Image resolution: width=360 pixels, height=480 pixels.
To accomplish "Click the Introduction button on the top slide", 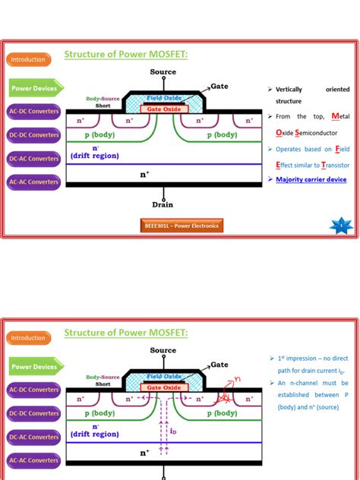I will pos(28,59).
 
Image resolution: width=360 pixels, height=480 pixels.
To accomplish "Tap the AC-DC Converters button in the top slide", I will pos(33,112).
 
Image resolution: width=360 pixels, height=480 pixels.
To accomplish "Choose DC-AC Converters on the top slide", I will pos(33,159).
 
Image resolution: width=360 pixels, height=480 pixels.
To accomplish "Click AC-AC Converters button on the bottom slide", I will pos(33,460).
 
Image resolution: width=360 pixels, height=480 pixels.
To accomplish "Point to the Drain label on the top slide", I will pos(163,204).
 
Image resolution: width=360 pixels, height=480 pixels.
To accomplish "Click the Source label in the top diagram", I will pos(163,71).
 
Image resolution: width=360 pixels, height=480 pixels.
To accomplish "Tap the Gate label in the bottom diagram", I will pos(219,365).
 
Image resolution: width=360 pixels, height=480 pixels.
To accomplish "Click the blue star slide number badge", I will pos(341,225).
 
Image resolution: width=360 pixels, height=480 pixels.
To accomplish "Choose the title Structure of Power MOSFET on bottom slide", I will pos(126,332).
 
